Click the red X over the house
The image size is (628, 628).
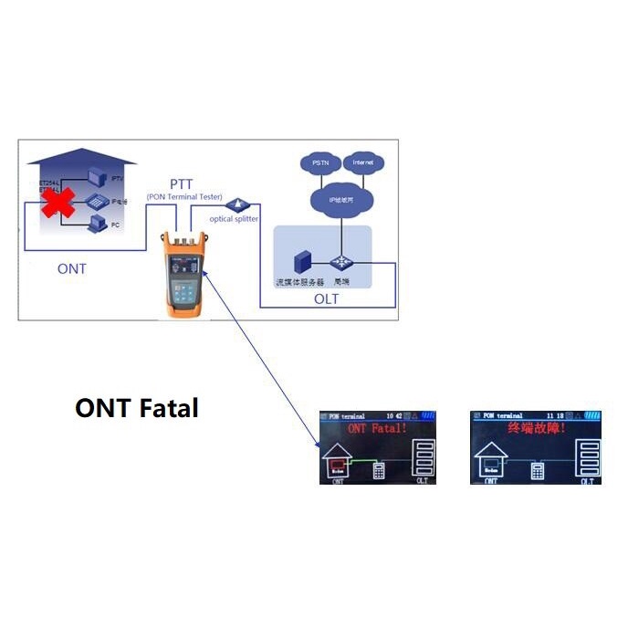(x=57, y=203)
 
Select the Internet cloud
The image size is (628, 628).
(x=363, y=162)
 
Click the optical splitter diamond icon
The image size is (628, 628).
(x=240, y=204)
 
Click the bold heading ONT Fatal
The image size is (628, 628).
(x=136, y=408)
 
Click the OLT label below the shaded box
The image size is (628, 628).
(x=325, y=299)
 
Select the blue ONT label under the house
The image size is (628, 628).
(x=72, y=268)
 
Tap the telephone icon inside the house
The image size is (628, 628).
(x=95, y=202)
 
